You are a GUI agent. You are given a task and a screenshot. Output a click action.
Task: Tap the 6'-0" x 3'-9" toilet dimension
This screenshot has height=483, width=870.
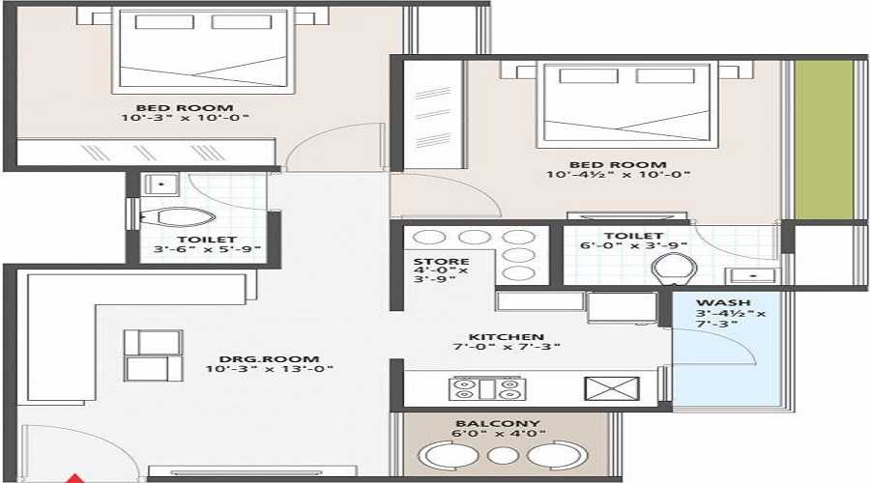coord(633,248)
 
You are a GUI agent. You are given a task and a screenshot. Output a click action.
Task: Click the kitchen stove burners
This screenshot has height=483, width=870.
coord(486,388)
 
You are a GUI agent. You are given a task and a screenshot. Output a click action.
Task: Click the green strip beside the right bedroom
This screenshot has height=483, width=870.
coord(824,140)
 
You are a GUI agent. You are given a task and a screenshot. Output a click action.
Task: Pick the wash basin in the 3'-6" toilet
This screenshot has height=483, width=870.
coord(159,183)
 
